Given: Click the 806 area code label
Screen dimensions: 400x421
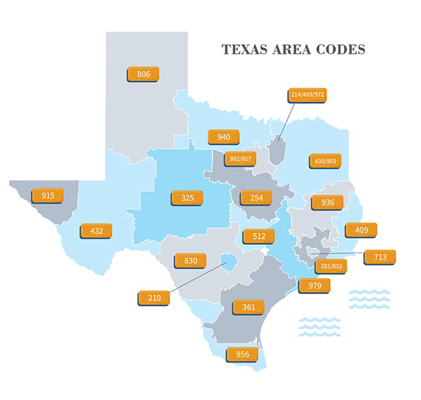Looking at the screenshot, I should (143, 74).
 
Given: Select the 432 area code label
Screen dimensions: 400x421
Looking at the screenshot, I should (96, 230).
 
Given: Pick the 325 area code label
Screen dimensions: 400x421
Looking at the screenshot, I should (187, 198).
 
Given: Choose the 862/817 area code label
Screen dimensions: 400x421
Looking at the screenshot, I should (240, 159).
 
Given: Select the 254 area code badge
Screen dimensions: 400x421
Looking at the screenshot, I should (256, 198).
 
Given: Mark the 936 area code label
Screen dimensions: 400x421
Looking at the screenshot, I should (327, 203).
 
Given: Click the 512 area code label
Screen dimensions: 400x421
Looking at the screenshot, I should (259, 236).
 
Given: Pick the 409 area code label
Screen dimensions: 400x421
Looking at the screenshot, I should (361, 230).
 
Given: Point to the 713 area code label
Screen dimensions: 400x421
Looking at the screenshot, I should (380, 258).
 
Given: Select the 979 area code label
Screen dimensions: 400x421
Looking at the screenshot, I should (314, 286).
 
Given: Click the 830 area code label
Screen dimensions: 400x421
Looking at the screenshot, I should (190, 260).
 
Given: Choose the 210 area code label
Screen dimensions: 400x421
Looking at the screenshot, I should (154, 298).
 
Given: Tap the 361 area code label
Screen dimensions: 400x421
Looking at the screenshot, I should (248, 307).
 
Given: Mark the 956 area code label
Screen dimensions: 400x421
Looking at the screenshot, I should (241, 355).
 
